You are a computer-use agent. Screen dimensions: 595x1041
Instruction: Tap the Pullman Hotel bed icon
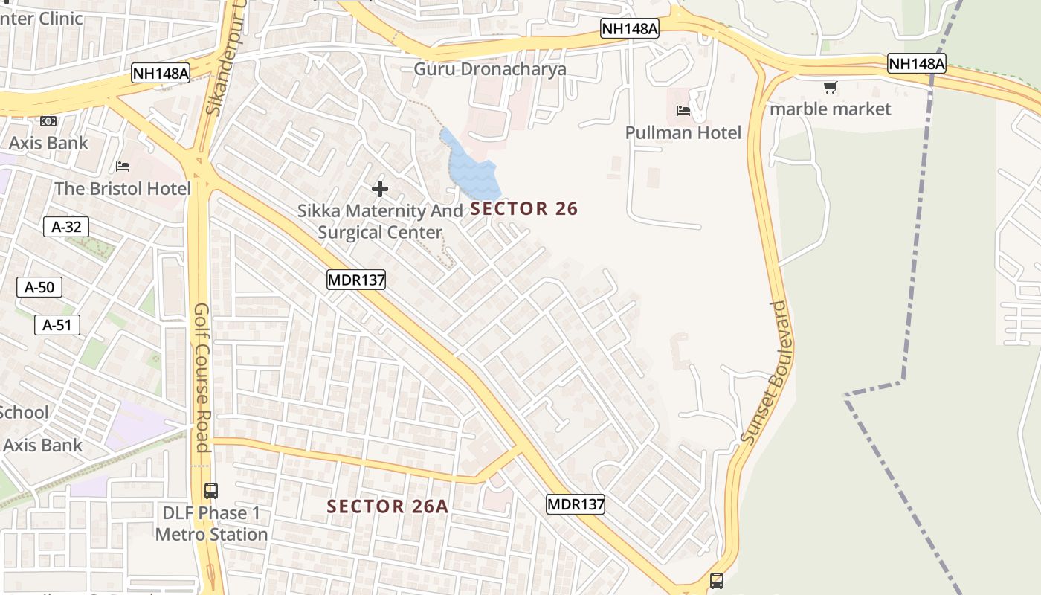pyautogui.click(x=683, y=111)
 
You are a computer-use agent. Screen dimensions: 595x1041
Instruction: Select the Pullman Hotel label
pyautogui.click(x=683, y=132)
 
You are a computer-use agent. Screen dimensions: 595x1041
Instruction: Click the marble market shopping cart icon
pyautogui.click(x=830, y=88)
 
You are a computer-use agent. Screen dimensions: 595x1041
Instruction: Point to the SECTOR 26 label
pyautogui.click(x=523, y=209)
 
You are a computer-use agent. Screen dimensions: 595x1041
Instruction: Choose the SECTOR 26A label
pyautogui.click(x=387, y=506)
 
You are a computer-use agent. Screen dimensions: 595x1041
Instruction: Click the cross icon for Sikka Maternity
pyautogui.click(x=380, y=189)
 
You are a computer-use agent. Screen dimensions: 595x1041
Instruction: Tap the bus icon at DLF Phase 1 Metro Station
pyautogui.click(x=211, y=491)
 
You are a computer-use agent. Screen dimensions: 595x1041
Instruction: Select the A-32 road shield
pyautogui.click(x=66, y=227)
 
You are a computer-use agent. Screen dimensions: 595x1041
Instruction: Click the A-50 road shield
pyautogui.click(x=39, y=287)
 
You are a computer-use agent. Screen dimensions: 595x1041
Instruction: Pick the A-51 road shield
pyautogui.click(x=57, y=324)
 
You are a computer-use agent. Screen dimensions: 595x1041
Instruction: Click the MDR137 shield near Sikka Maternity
pyautogui.click(x=355, y=280)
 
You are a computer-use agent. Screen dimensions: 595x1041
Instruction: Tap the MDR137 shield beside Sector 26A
pyautogui.click(x=575, y=504)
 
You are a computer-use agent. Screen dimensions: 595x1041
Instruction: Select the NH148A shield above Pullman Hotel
pyautogui.click(x=629, y=28)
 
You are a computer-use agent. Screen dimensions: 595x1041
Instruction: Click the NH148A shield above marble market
pyautogui.click(x=916, y=64)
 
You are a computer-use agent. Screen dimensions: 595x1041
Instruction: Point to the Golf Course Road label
pyautogui.click(x=202, y=377)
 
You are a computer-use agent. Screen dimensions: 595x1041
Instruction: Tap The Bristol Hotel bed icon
pyautogui.click(x=123, y=166)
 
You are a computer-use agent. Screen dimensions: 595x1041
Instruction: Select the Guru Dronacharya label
pyautogui.click(x=489, y=69)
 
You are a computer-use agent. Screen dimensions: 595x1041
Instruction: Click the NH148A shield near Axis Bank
pyautogui.click(x=161, y=73)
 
